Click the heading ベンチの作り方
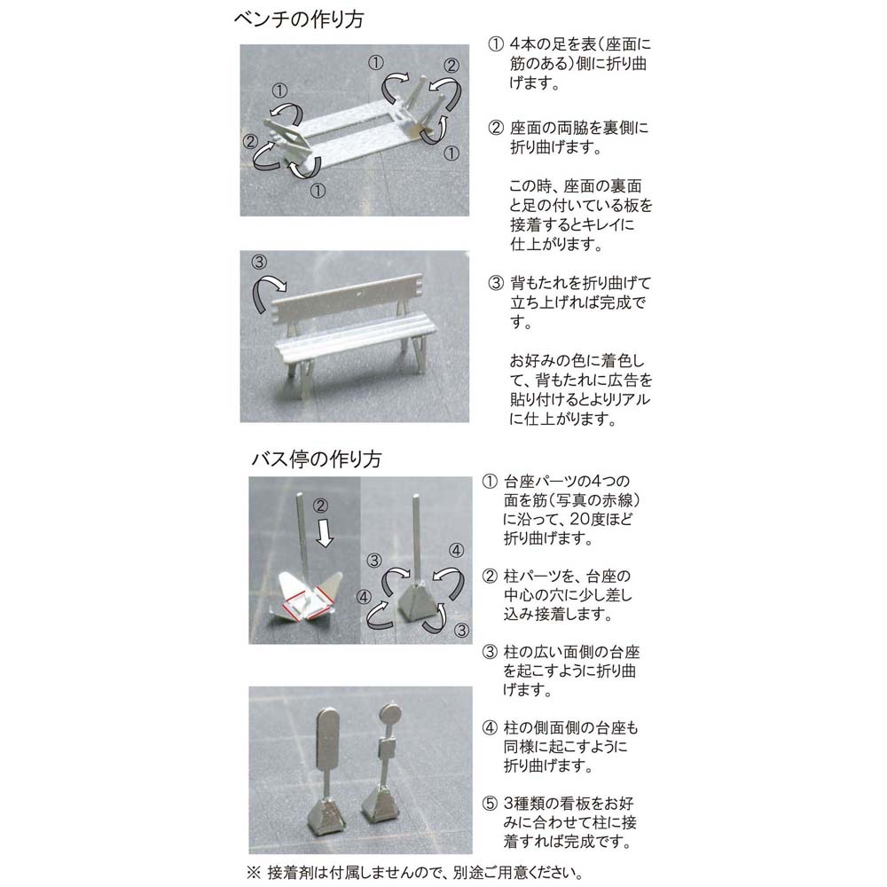tap(299, 20)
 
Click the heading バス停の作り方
tap(317, 459)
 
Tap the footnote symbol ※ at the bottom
tap(254, 872)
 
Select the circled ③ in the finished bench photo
tap(259, 262)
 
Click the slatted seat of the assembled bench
tap(356, 340)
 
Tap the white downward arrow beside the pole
tap(324, 533)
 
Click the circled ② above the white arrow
tap(320, 506)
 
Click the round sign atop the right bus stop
tap(389, 713)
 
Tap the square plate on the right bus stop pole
tap(388, 750)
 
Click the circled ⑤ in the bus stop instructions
tap(490, 804)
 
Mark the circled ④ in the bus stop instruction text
tap(490, 727)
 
